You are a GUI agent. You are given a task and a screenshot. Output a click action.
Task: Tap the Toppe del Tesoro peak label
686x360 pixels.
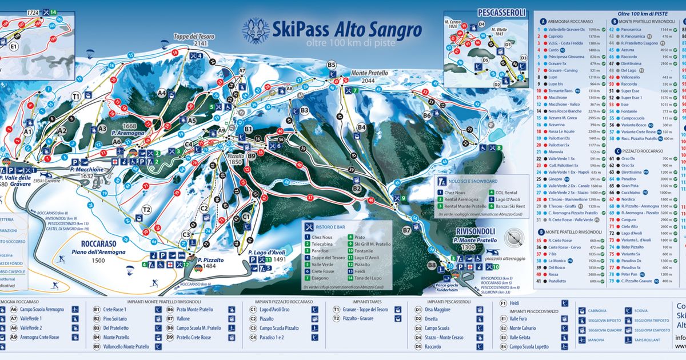194,37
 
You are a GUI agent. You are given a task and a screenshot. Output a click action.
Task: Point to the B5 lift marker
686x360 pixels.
332,66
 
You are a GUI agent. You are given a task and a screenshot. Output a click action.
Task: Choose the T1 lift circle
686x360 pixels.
76,97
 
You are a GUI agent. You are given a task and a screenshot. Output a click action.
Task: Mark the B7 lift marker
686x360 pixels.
406,230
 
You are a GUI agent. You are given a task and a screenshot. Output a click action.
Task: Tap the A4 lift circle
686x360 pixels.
162,92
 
